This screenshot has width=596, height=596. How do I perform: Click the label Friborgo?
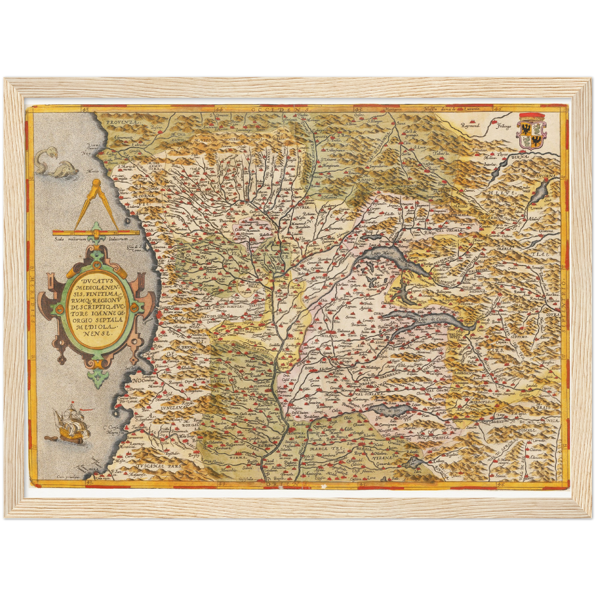click(x=504, y=125)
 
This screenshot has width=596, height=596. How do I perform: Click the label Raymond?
click(x=471, y=125)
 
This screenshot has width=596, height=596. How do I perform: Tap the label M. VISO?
click(x=201, y=141)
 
